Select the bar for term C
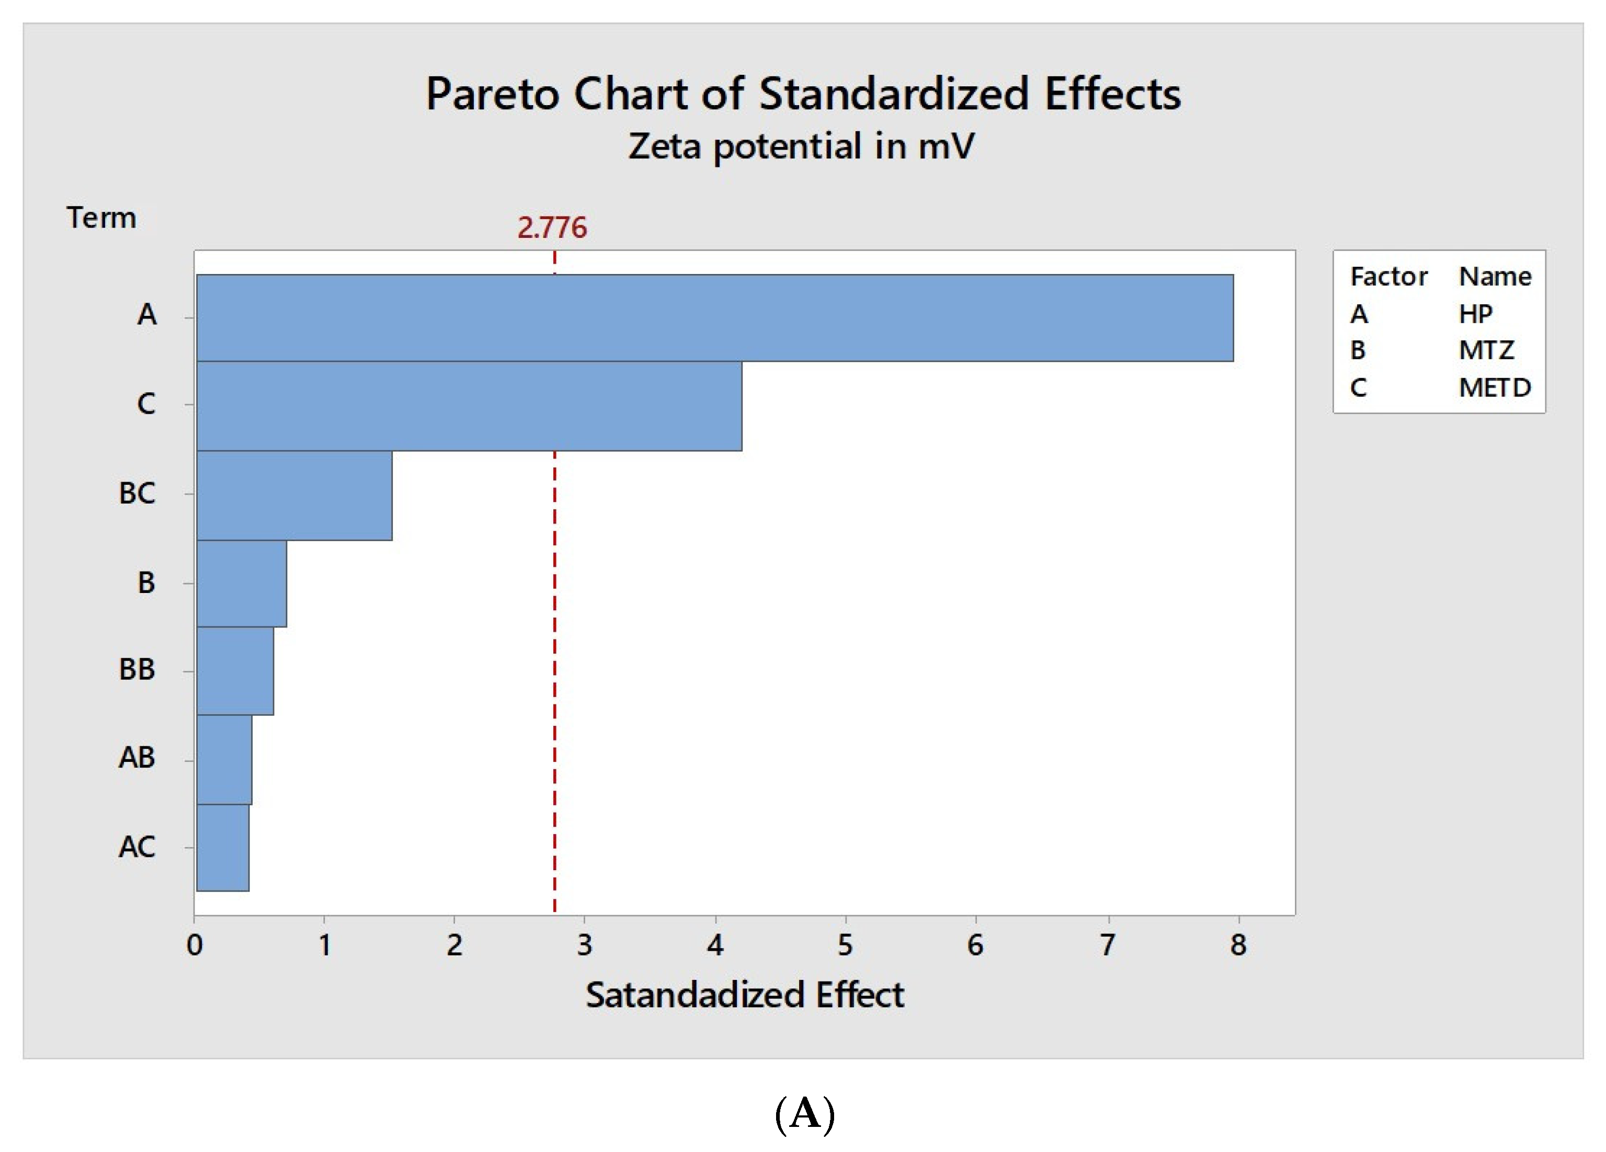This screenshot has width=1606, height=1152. click(469, 406)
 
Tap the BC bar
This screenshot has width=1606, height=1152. click(294, 495)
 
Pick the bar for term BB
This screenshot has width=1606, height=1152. click(235, 670)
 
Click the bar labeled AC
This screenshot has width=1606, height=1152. click(222, 848)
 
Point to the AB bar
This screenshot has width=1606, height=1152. click(224, 759)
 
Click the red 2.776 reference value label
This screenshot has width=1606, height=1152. click(552, 228)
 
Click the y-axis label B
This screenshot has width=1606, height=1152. click(146, 583)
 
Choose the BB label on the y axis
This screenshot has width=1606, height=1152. click(136, 670)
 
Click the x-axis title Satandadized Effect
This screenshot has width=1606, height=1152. click(744, 995)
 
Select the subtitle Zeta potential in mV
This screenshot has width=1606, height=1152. click(801, 146)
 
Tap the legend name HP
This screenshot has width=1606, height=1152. click(1476, 314)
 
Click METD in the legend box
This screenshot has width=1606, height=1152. click(1494, 387)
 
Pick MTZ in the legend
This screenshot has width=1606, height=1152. click(1486, 350)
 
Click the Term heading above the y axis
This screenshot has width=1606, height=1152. click(101, 218)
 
